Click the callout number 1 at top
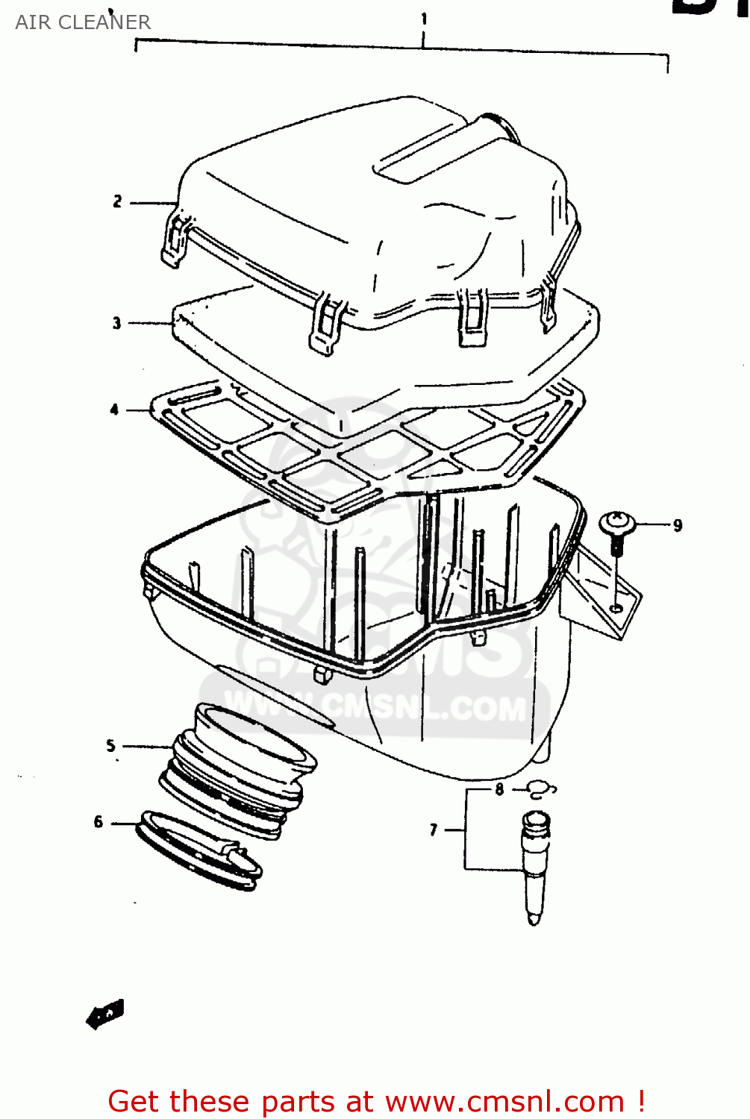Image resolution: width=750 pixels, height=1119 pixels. point(424,18)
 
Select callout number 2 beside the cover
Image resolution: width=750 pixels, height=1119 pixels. point(117,201)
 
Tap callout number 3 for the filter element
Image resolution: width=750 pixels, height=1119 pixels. point(116,323)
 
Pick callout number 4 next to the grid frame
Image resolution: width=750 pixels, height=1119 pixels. point(114,410)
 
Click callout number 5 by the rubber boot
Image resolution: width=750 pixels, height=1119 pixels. point(110,745)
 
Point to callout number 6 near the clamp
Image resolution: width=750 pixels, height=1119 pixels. point(99,822)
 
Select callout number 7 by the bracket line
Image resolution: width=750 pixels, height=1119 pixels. point(434,830)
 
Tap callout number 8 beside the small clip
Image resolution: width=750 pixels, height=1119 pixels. point(499,789)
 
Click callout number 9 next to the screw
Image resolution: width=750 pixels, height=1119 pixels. point(678,526)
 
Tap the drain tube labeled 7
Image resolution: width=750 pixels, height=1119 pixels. point(535,865)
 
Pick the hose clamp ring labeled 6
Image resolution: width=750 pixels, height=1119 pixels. point(198,850)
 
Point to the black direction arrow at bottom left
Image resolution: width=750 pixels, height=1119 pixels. point(105,1015)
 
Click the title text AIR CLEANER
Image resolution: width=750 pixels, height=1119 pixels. point(83,22)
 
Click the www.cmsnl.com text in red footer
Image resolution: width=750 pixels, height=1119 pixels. point(504,1101)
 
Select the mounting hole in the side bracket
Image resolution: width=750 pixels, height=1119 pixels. point(616,608)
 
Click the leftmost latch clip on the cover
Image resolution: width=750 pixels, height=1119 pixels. point(174,239)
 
